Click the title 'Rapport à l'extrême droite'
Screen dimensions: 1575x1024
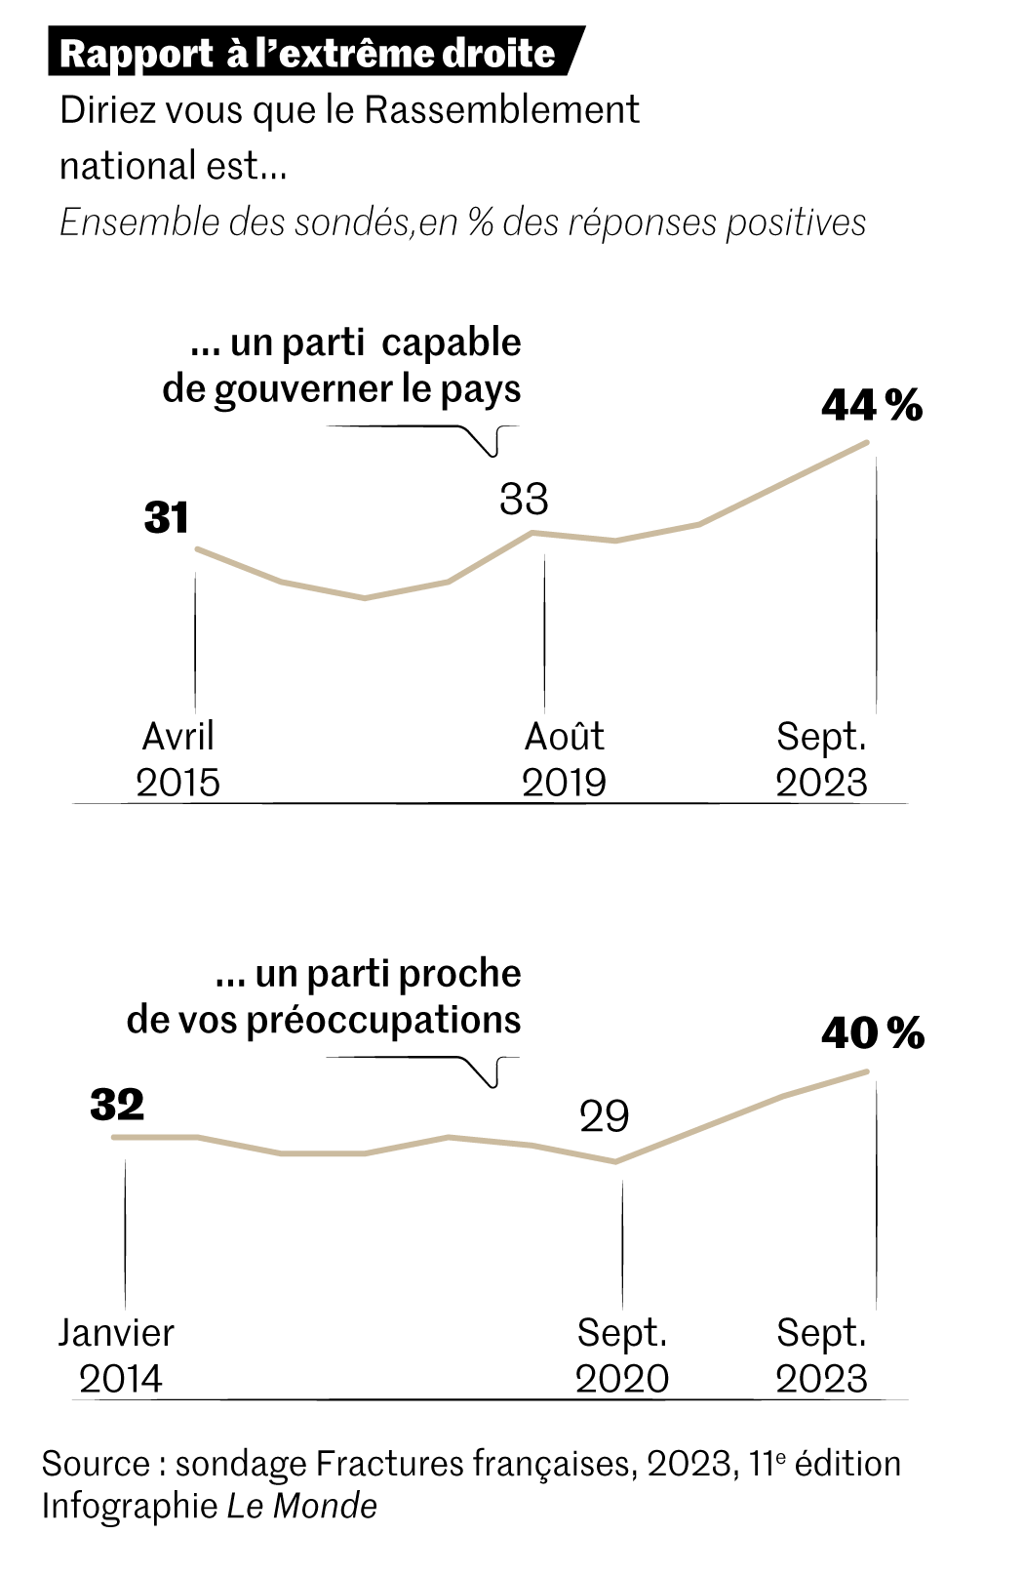(x=307, y=54)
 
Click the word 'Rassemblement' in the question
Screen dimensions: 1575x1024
(x=501, y=110)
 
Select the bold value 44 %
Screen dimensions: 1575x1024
(x=871, y=404)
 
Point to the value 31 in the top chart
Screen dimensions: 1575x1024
(x=166, y=517)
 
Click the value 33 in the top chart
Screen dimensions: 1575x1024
(x=524, y=499)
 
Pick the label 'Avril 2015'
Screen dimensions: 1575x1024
(x=178, y=759)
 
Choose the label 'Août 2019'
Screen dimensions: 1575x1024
(x=564, y=759)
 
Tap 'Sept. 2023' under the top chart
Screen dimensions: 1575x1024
(x=821, y=759)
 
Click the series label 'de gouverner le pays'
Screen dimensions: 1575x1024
(x=341, y=389)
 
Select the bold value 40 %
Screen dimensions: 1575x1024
(x=872, y=1032)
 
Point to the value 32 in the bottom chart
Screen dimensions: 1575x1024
(x=117, y=1105)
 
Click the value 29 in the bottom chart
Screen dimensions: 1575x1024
(x=604, y=1116)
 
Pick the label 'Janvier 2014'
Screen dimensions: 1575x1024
(x=117, y=1355)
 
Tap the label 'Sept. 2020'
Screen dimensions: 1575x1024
(x=622, y=1355)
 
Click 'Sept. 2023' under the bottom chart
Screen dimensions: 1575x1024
(x=821, y=1355)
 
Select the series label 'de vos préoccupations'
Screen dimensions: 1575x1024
(x=324, y=1020)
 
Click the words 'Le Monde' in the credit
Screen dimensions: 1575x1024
(x=302, y=1506)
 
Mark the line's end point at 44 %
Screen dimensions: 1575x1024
(x=866, y=443)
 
